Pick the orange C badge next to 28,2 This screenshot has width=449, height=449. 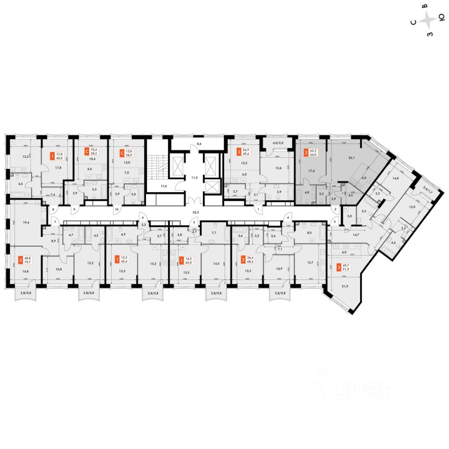click(x=86, y=152)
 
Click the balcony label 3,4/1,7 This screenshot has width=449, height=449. click(x=427, y=190)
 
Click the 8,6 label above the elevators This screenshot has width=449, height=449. click(x=198, y=144)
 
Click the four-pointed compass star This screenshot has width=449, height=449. click(x=427, y=20)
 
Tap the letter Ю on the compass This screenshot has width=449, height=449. click(x=441, y=18)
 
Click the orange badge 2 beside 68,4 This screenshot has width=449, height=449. click(x=243, y=259)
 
